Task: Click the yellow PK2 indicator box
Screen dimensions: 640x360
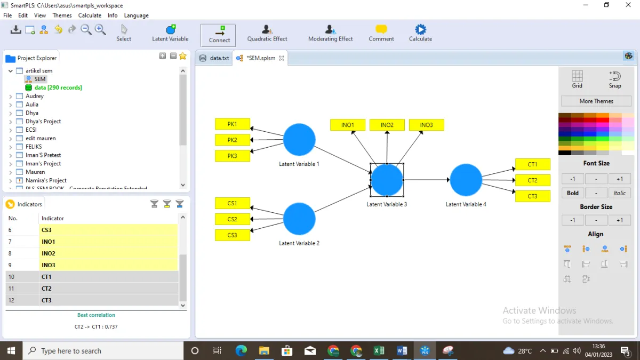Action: coord(233,140)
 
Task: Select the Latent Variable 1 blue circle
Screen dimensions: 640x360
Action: coord(299,140)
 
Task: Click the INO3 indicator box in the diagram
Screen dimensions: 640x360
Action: coord(426,125)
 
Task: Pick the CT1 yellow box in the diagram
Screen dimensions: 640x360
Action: coord(533,164)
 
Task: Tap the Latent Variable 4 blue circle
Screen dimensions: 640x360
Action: coord(466,180)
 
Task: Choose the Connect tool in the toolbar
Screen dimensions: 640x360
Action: coord(219,35)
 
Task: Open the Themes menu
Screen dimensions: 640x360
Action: coord(62,15)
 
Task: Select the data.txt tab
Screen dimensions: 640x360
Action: coord(214,58)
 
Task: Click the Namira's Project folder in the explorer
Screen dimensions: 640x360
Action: coord(46,180)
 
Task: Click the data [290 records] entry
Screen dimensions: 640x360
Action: coord(58,87)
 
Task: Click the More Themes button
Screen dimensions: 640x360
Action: coord(596,101)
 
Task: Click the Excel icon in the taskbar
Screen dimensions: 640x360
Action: coord(379,350)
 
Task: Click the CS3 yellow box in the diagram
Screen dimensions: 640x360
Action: coord(233,235)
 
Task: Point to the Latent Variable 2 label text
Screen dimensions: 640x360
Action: coord(299,243)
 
